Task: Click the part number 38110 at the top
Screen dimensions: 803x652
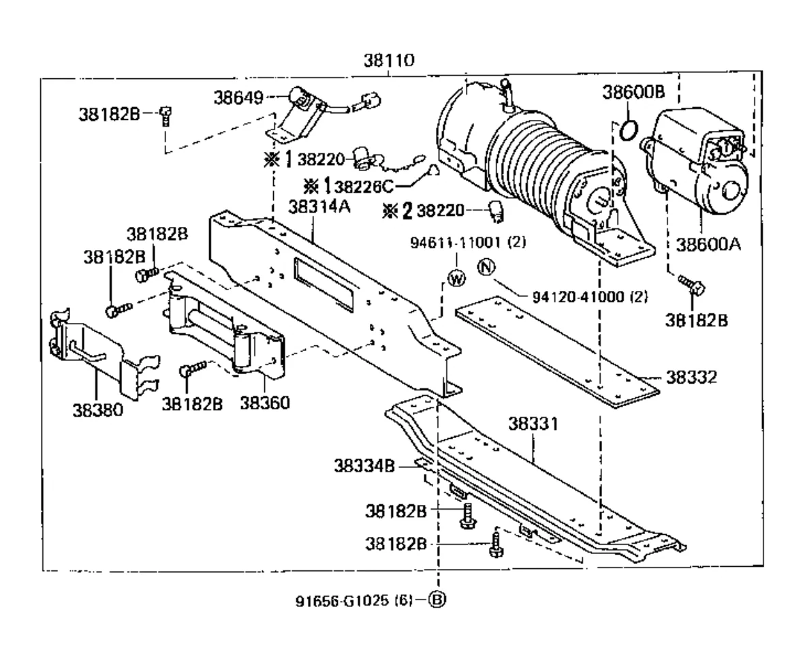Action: coord(389,61)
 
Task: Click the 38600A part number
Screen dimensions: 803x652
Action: coord(708,244)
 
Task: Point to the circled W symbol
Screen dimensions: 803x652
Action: coord(457,279)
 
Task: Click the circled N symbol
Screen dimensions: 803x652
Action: coord(486,267)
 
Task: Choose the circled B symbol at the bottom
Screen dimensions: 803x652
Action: coord(437,600)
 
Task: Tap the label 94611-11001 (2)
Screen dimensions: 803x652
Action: coord(467,242)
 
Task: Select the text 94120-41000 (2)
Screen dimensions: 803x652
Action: coord(590,296)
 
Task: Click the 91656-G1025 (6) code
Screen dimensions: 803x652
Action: coord(354,600)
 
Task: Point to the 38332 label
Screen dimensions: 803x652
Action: coord(691,377)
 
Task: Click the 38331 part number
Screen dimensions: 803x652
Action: coord(533,424)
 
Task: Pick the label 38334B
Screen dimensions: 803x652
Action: coord(364,466)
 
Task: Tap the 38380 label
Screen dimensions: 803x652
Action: coord(98,409)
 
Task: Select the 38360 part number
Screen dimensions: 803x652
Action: coord(265,403)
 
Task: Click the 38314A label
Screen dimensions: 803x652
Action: coord(319,206)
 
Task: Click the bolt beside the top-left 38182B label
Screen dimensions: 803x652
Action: coord(165,117)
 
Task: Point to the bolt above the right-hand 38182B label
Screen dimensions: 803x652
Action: coord(692,285)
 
